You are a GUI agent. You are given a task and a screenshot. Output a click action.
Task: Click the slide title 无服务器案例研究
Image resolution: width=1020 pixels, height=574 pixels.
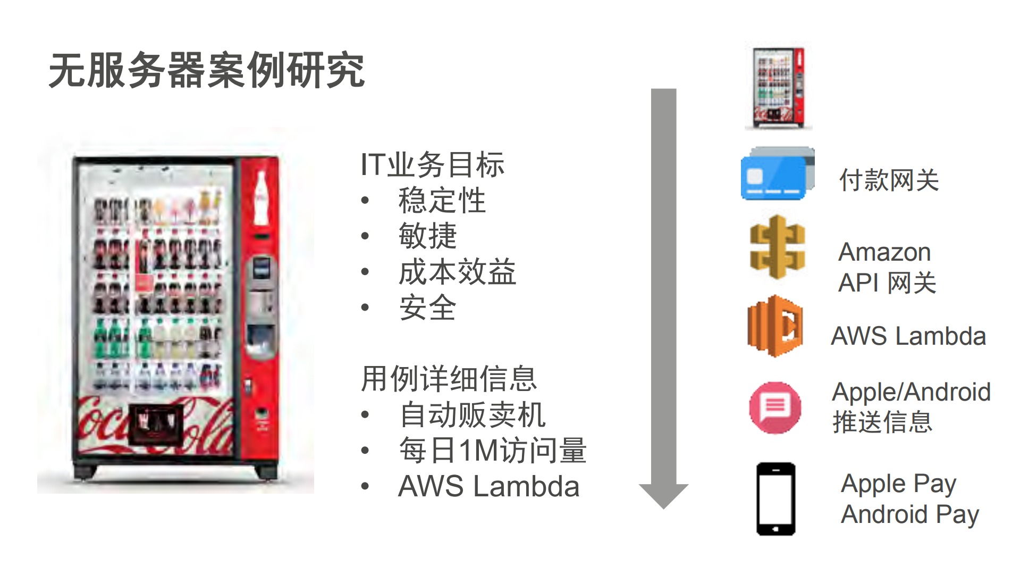tap(206, 70)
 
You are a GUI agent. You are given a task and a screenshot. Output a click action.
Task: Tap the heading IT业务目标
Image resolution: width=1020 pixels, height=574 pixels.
tap(432, 164)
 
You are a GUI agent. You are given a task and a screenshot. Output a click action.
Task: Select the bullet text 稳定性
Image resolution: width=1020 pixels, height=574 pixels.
tap(442, 201)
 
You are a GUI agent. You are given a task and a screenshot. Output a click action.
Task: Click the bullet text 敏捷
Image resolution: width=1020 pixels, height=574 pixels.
tap(427, 236)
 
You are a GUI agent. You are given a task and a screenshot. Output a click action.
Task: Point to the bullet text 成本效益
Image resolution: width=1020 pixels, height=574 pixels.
tap(457, 272)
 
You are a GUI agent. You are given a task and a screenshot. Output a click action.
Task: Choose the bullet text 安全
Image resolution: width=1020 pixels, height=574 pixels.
tap(427, 308)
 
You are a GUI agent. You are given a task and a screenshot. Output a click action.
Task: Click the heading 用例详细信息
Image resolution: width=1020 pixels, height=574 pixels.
tap(449, 379)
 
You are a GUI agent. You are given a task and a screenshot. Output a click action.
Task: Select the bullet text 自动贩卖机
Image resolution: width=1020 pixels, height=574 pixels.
tap(472, 415)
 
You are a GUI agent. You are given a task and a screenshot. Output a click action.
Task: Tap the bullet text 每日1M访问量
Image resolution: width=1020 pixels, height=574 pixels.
tap(492, 451)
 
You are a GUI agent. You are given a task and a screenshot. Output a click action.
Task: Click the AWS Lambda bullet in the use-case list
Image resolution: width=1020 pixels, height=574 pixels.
tap(488, 486)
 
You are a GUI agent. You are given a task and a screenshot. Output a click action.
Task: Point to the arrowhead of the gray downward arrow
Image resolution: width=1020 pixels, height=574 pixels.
tap(663, 495)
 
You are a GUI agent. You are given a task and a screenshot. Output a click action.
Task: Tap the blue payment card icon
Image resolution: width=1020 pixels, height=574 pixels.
tap(777, 174)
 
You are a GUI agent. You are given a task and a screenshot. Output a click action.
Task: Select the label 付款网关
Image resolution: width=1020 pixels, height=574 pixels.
tap(889, 180)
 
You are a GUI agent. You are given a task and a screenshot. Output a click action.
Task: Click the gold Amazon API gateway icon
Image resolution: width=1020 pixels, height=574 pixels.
tap(777, 247)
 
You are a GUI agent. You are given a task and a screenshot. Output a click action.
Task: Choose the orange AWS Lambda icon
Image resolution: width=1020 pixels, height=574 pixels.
tap(775, 326)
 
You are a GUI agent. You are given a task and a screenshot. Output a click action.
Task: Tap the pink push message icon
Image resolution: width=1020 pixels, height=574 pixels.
tap(775, 407)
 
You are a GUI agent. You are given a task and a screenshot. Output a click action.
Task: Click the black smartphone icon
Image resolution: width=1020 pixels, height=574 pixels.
tap(775, 499)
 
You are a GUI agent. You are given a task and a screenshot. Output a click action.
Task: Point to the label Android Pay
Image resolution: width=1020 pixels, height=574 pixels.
tap(909, 514)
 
